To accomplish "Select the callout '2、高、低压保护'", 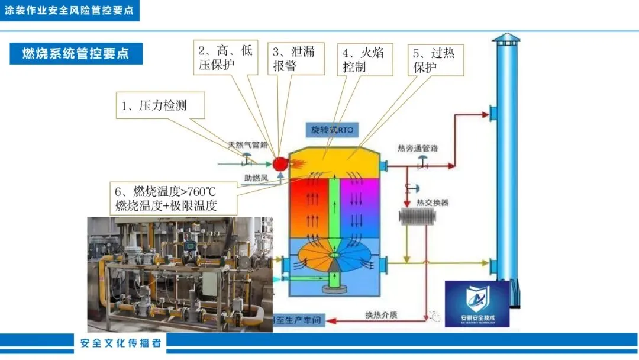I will pos(225,58).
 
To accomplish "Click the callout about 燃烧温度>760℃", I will pos(176,198).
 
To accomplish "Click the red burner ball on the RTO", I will pos(279,162).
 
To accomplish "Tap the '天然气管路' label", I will pos(248,144).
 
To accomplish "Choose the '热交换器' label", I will pos(432,202).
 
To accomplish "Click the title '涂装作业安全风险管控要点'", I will pos(69,11).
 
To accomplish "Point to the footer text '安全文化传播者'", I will pos(121,343).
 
